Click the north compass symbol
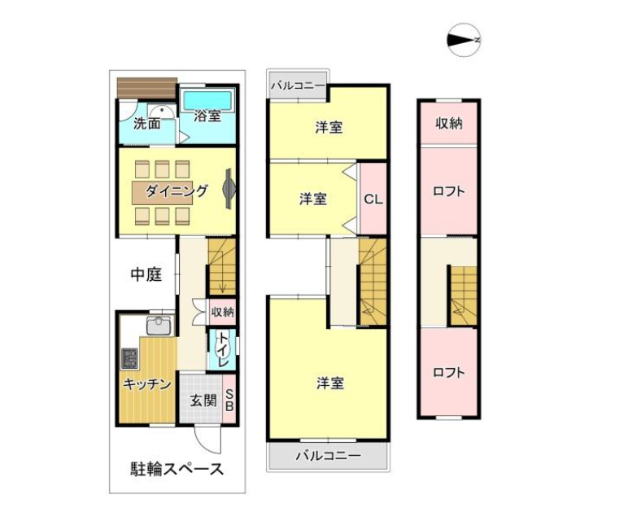point(464,40)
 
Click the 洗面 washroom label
point(147,124)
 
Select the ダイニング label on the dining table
point(177,191)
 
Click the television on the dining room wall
point(229,188)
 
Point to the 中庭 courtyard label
point(146,274)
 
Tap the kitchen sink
point(159,326)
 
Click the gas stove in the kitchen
point(129,358)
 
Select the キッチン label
point(147,383)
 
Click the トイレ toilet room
point(222,350)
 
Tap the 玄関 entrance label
point(203,401)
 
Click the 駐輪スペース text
point(177,469)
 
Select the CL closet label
point(373,199)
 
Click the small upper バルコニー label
point(298,85)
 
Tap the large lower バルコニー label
point(329,456)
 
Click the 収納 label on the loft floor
point(449,124)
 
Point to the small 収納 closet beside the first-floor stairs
point(222,312)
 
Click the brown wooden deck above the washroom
point(147,88)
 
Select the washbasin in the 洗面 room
point(162,112)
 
